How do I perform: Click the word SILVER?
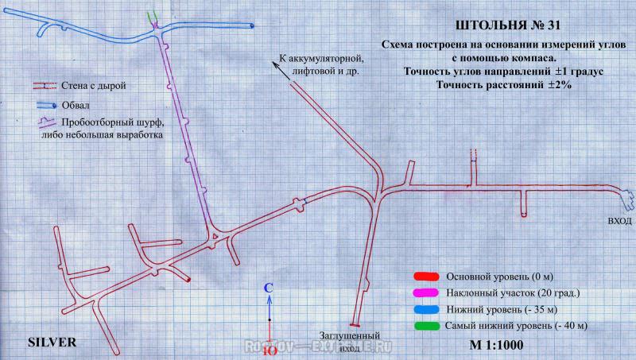click(51, 343)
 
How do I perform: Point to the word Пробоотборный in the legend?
click(97, 123)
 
